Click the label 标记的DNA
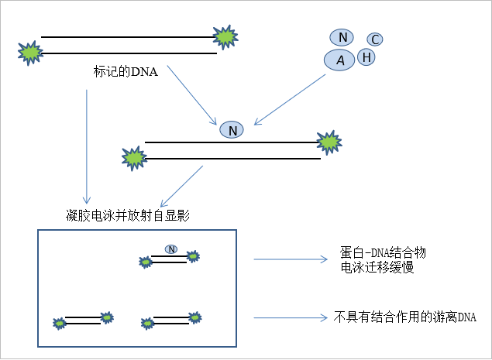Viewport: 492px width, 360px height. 125,73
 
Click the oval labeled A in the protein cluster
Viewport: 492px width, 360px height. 339,60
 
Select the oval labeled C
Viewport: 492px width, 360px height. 373,39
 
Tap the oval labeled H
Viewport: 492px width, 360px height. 366,57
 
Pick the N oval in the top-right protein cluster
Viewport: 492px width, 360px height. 342,37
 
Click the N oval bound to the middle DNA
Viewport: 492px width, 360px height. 232,130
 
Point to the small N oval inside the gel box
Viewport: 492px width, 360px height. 171,249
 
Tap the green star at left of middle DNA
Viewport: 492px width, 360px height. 134,158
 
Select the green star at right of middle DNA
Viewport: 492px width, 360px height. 329,142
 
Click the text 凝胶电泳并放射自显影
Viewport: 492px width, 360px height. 128,215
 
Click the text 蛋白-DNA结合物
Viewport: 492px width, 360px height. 383,253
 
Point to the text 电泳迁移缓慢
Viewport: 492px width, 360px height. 377,268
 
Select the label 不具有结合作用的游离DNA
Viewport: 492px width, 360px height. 404,317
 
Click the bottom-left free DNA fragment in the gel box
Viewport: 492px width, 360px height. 82,320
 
